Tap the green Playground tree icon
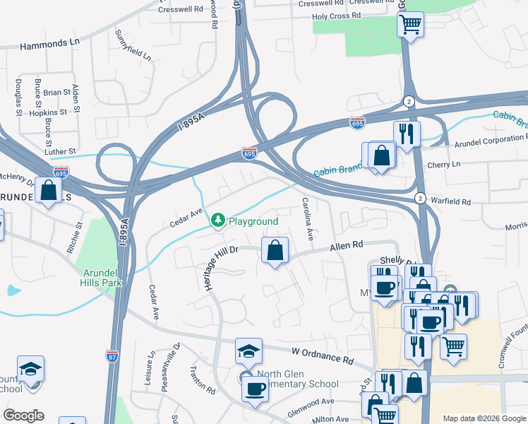click(x=218, y=221)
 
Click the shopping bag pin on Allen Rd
click(x=275, y=250)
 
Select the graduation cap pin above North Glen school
click(x=248, y=351)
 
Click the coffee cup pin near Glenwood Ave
click(x=255, y=388)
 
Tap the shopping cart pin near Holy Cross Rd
click(x=410, y=25)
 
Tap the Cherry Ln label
click(x=443, y=164)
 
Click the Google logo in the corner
click(x=23, y=416)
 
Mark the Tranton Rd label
click(x=203, y=379)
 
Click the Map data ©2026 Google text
click(x=483, y=418)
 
